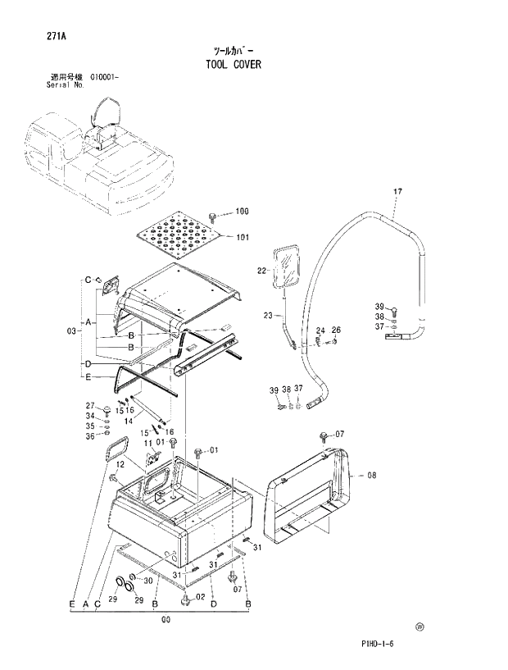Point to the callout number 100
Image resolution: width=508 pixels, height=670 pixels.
click(242, 212)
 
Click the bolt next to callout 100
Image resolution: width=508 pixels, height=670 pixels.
click(215, 216)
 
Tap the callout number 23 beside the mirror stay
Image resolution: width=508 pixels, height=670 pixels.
click(268, 315)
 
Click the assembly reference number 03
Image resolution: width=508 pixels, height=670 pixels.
click(71, 330)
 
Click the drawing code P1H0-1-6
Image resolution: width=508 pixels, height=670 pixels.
click(377, 644)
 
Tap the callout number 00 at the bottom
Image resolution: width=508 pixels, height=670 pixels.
click(166, 620)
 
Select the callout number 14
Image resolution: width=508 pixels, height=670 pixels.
click(129, 420)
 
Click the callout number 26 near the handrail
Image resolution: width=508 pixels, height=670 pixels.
click(336, 330)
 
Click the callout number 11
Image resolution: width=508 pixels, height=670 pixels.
click(148, 444)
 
